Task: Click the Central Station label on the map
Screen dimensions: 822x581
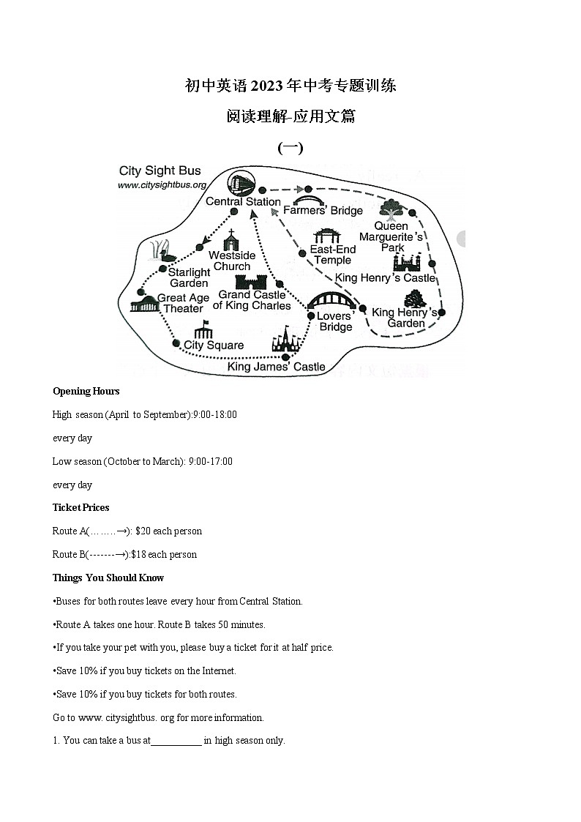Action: pos(243,201)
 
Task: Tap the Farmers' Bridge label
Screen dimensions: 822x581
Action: pos(323,211)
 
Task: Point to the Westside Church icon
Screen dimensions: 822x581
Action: pos(232,239)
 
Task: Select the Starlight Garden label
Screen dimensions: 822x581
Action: pos(190,277)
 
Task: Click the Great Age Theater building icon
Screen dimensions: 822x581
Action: pos(143,304)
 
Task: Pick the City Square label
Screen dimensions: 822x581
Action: pos(214,345)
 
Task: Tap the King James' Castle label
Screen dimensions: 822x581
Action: pos(277,366)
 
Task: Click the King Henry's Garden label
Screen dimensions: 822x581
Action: pos(405,318)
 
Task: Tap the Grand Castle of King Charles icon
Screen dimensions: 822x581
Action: pos(250,282)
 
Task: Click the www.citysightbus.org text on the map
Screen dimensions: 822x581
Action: pos(162,185)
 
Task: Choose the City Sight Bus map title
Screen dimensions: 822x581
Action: pos(160,171)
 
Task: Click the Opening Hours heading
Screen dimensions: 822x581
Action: pos(86,391)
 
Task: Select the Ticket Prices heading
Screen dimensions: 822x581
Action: pos(80,507)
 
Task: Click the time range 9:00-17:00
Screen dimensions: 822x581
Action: pos(210,461)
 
